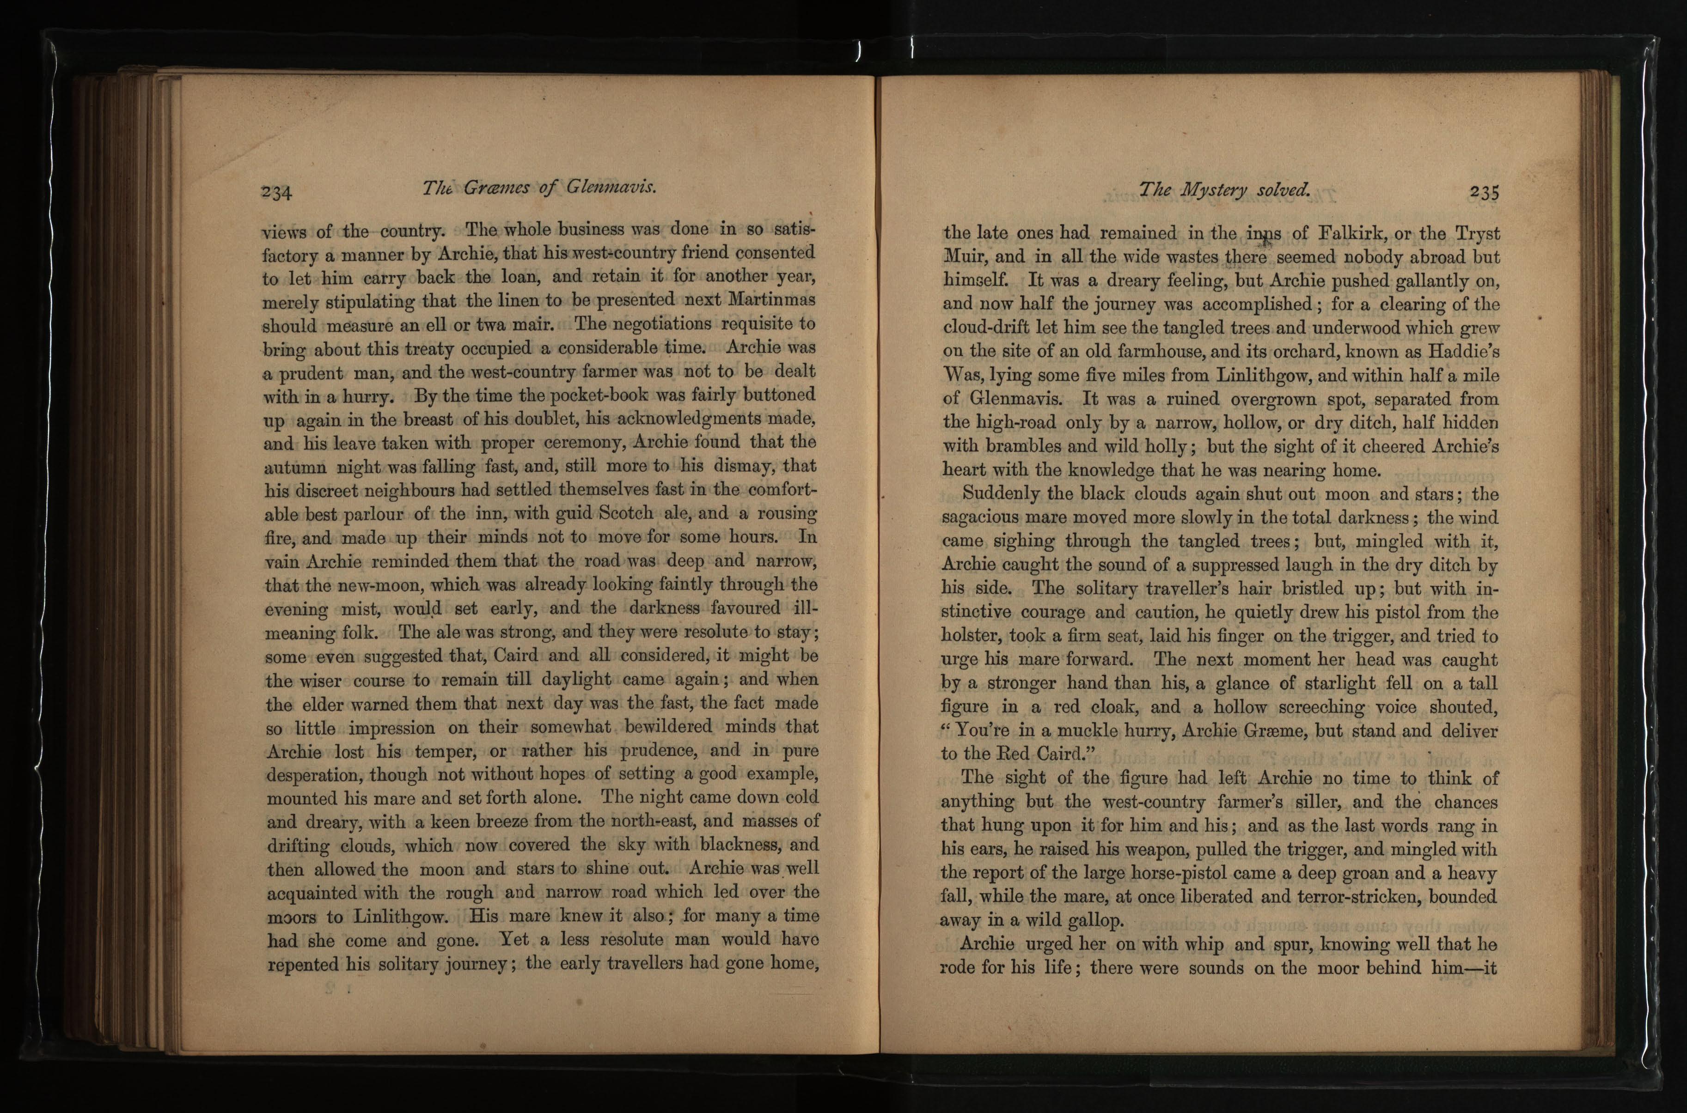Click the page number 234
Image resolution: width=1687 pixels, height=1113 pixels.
click(x=276, y=192)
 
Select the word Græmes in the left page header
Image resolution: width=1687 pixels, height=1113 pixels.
click(x=497, y=188)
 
